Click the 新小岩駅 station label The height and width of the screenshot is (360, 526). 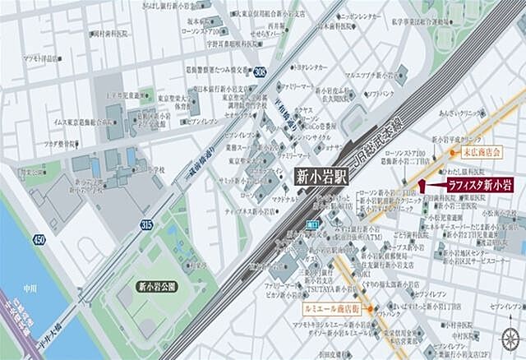[320, 174]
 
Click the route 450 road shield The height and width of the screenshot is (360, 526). [38, 239]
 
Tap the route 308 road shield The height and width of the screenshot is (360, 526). [260, 72]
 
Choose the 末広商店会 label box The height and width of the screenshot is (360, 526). [480, 151]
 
